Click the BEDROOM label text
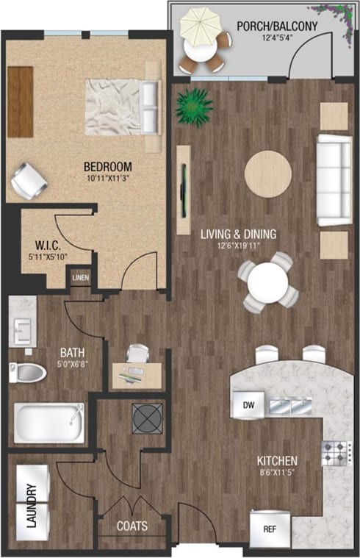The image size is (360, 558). [x=107, y=165]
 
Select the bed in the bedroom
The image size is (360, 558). [x=121, y=104]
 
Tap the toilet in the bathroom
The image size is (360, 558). [x=27, y=371]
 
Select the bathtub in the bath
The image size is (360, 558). [x=48, y=423]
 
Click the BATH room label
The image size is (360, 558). [x=71, y=351]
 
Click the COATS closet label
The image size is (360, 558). [x=133, y=526]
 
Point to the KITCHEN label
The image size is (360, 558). [x=277, y=461]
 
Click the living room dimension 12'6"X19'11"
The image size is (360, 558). [x=240, y=247]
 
